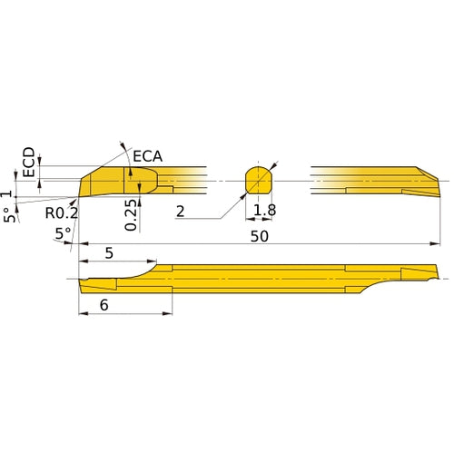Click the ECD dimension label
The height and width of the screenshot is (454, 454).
pyautogui.click(x=29, y=162)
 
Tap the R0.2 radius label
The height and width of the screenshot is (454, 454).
pyautogui.click(x=62, y=213)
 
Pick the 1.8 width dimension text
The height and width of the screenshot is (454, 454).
pyautogui.click(x=265, y=211)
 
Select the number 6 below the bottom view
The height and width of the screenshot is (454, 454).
pyautogui.click(x=104, y=306)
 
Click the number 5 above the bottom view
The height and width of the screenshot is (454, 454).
pyautogui.click(x=109, y=254)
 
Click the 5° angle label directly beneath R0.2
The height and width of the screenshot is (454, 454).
pyautogui.click(x=63, y=233)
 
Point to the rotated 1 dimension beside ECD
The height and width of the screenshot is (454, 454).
pyautogui.click(x=8, y=193)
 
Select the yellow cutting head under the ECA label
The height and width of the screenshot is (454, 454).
pyautogui.click(x=113, y=181)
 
